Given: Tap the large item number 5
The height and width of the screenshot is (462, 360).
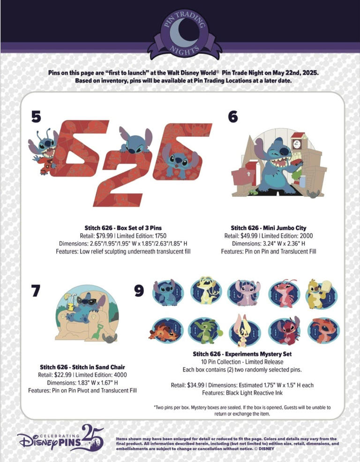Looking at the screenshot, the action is [36, 117].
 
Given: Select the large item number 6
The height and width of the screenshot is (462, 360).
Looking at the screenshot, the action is [233, 117].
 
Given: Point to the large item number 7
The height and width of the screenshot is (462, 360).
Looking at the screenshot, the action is [36, 290].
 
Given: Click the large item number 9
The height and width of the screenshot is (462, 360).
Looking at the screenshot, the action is [139, 290].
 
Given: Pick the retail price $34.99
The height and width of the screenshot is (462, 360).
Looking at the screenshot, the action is [196, 385].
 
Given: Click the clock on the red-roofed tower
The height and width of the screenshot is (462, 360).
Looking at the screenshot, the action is [296, 144].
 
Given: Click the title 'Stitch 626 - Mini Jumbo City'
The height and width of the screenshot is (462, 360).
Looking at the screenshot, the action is [269, 228].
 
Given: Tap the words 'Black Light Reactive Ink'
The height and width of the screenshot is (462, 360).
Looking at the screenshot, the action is [254, 393].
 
